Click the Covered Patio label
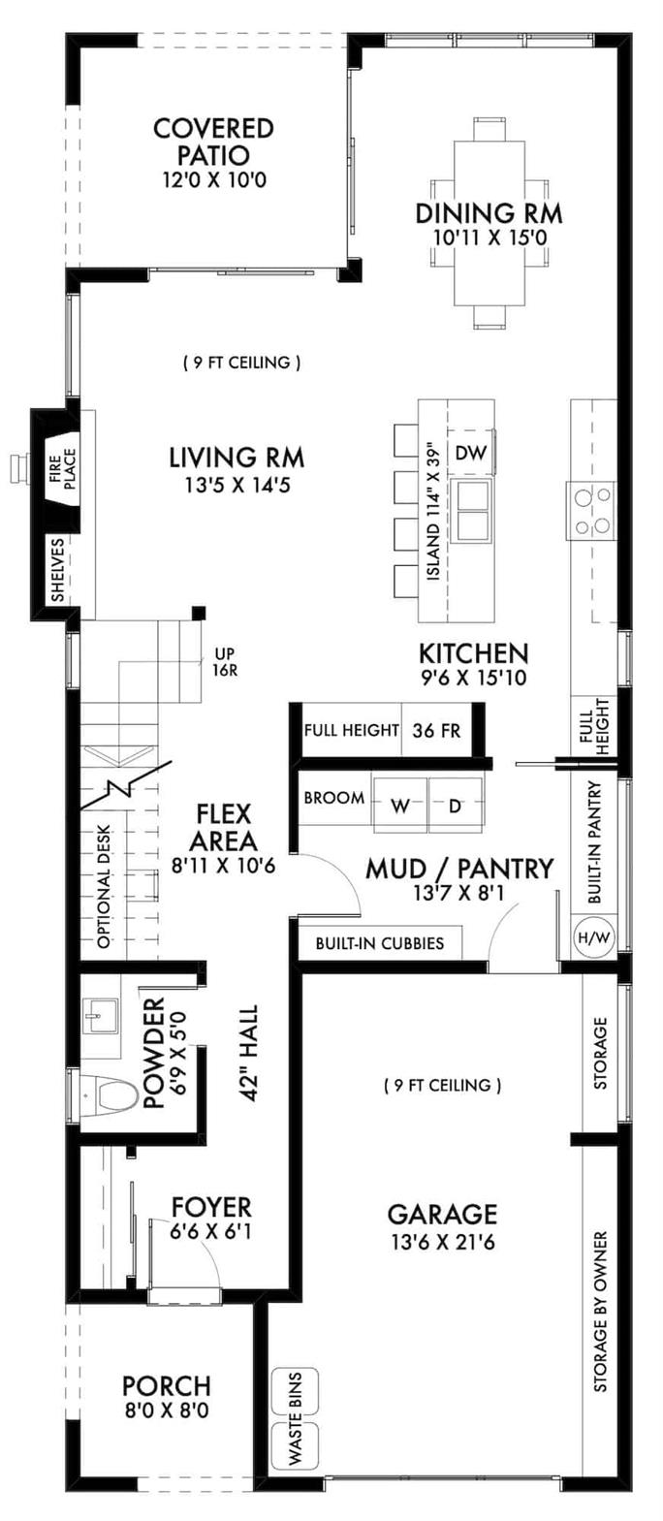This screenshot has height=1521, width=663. click(x=213, y=142)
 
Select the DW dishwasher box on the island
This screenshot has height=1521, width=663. click(x=470, y=453)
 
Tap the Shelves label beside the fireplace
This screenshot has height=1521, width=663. click(x=58, y=570)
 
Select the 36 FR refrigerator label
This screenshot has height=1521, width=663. click(x=436, y=730)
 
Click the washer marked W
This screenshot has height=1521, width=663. click(x=399, y=804)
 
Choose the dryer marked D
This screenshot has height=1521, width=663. click(x=455, y=804)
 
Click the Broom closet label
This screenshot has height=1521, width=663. click(x=333, y=798)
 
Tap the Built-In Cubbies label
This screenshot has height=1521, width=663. click(x=379, y=942)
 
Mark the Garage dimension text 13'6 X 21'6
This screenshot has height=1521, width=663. click(x=442, y=1242)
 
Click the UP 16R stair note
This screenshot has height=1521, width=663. click(x=225, y=660)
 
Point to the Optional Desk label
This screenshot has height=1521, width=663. click(x=104, y=886)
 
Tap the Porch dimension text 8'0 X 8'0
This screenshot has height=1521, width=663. click(x=166, y=1410)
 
